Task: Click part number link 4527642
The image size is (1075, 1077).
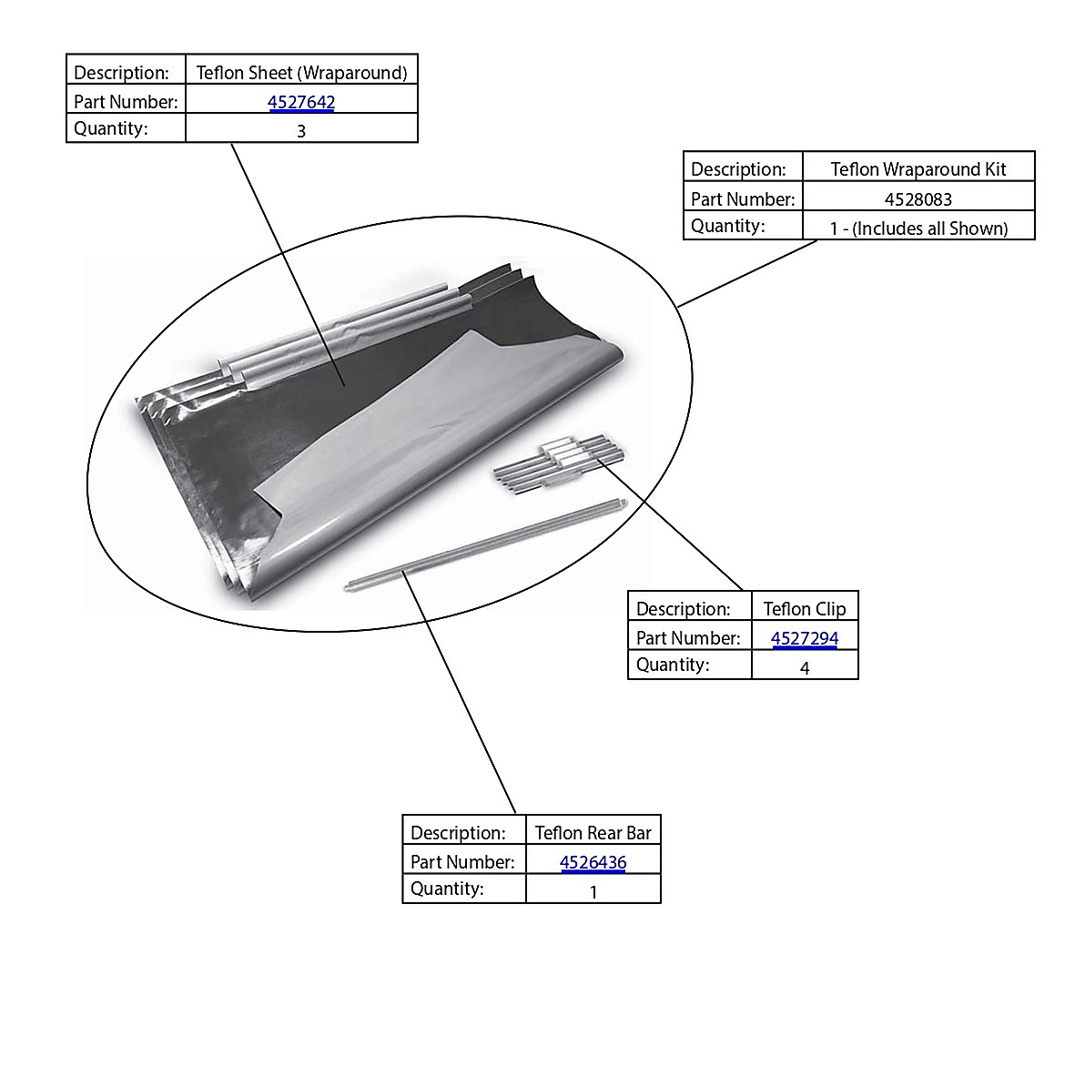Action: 301,102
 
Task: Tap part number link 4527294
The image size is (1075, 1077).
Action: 805,638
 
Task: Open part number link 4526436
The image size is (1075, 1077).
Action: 593,862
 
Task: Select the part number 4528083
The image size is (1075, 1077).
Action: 918,199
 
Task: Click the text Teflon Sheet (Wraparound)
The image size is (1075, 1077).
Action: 301,73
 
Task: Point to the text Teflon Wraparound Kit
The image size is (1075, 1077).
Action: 918,169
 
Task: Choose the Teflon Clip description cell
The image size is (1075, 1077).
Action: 805,608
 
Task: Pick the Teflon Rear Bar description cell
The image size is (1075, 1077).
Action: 593,832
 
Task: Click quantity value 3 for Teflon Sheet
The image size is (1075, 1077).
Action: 301,130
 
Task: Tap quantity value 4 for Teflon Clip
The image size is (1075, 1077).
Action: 805,667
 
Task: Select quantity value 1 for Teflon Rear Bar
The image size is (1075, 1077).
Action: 593,891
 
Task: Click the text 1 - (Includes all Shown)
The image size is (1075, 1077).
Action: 918,228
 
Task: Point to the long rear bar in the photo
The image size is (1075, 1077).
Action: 486,544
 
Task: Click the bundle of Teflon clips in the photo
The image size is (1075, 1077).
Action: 559,462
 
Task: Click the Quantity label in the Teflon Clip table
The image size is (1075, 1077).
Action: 673,665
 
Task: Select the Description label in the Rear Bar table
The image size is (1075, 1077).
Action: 458,832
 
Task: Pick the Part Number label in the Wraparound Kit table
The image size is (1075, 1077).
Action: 743,199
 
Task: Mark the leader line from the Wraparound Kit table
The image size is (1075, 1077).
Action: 747,273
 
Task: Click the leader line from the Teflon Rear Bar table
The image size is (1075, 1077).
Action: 459,692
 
